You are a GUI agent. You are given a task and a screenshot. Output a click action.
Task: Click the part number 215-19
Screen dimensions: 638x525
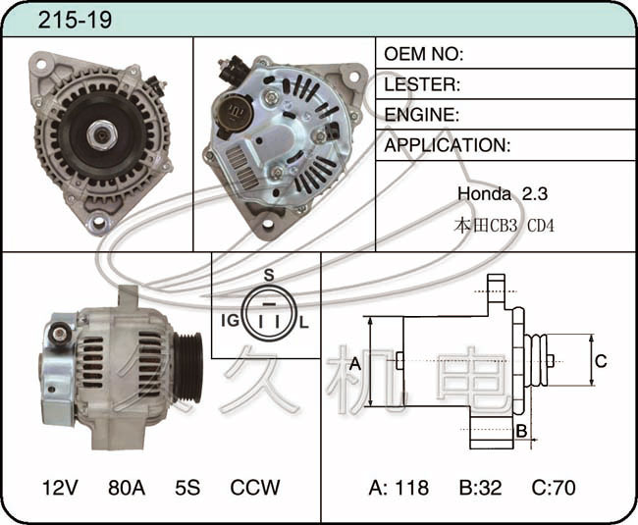click(x=75, y=20)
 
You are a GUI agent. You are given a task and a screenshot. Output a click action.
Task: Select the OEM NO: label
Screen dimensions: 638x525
click(x=424, y=54)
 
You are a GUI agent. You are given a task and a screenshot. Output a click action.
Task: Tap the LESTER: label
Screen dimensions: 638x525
click(x=422, y=84)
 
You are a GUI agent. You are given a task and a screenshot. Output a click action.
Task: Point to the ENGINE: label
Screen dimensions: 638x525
click(x=421, y=115)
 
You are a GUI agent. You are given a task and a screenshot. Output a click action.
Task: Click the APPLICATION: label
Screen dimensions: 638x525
click(x=448, y=145)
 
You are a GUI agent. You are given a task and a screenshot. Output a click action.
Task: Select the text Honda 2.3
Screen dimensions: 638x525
click(x=503, y=193)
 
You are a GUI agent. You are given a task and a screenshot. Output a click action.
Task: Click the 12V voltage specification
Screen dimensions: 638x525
click(x=60, y=487)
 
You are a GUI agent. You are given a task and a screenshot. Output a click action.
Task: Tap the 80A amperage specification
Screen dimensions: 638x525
click(x=127, y=487)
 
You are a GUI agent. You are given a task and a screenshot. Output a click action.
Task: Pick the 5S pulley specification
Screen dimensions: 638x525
click(x=187, y=487)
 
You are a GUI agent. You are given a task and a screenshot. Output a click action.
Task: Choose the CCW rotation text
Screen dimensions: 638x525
click(x=255, y=487)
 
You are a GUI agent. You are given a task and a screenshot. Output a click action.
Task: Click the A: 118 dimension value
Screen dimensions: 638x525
click(x=399, y=487)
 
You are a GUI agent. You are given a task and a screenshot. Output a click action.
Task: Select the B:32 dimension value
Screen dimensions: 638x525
click(x=481, y=487)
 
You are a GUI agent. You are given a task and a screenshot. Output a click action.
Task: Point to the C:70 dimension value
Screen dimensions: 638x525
click(x=554, y=487)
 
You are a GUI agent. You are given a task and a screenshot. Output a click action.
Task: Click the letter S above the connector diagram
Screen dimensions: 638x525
click(x=269, y=276)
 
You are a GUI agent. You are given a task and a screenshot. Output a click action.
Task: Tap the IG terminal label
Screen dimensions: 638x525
click(x=231, y=321)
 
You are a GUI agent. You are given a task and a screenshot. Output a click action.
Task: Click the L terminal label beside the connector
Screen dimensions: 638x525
click(x=304, y=323)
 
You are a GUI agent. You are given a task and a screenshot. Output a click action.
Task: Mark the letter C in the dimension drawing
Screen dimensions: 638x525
click(x=601, y=361)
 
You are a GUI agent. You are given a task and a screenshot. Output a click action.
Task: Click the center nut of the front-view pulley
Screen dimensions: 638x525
click(x=101, y=135)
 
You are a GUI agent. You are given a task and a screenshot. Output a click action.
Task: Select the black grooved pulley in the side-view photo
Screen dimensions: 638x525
click(x=187, y=367)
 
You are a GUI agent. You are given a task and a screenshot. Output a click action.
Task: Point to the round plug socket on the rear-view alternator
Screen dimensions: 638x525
click(x=234, y=111)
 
